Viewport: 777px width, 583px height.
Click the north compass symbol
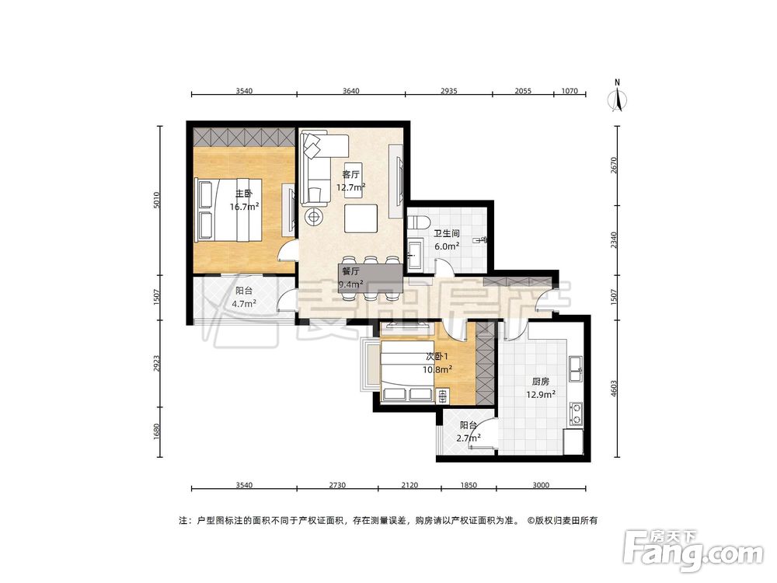click(x=617, y=96)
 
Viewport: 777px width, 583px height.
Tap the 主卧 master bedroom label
click(x=244, y=194)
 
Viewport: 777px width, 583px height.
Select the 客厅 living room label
click(x=351, y=174)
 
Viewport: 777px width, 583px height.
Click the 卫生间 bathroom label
click(x=447, y=233)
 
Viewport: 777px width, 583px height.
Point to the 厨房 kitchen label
click(x=541, y=382)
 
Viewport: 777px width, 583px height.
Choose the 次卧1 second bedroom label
click(x=437, y=357)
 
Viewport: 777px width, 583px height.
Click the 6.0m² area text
click(x=447, y=246)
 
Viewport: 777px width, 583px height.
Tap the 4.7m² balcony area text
click(x=244, y=304)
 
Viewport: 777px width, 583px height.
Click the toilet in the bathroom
click(x=418, y=221)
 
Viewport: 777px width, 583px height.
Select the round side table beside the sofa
click(x=314, y=217)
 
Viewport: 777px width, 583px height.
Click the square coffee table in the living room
click(x=361, y=218)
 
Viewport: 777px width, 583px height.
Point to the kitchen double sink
click(x=576, y=368)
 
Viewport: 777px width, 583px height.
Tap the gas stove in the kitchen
click(x=577, y=414)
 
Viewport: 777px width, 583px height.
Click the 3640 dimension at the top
click(x=351, y=91)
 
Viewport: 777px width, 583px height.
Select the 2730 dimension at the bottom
click(x=337, y=485)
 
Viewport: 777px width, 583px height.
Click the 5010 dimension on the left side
click(x=157, y=200)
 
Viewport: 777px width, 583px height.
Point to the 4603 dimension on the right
click(x=614, y=388)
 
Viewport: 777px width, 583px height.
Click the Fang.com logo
click(x=693, y=550)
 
